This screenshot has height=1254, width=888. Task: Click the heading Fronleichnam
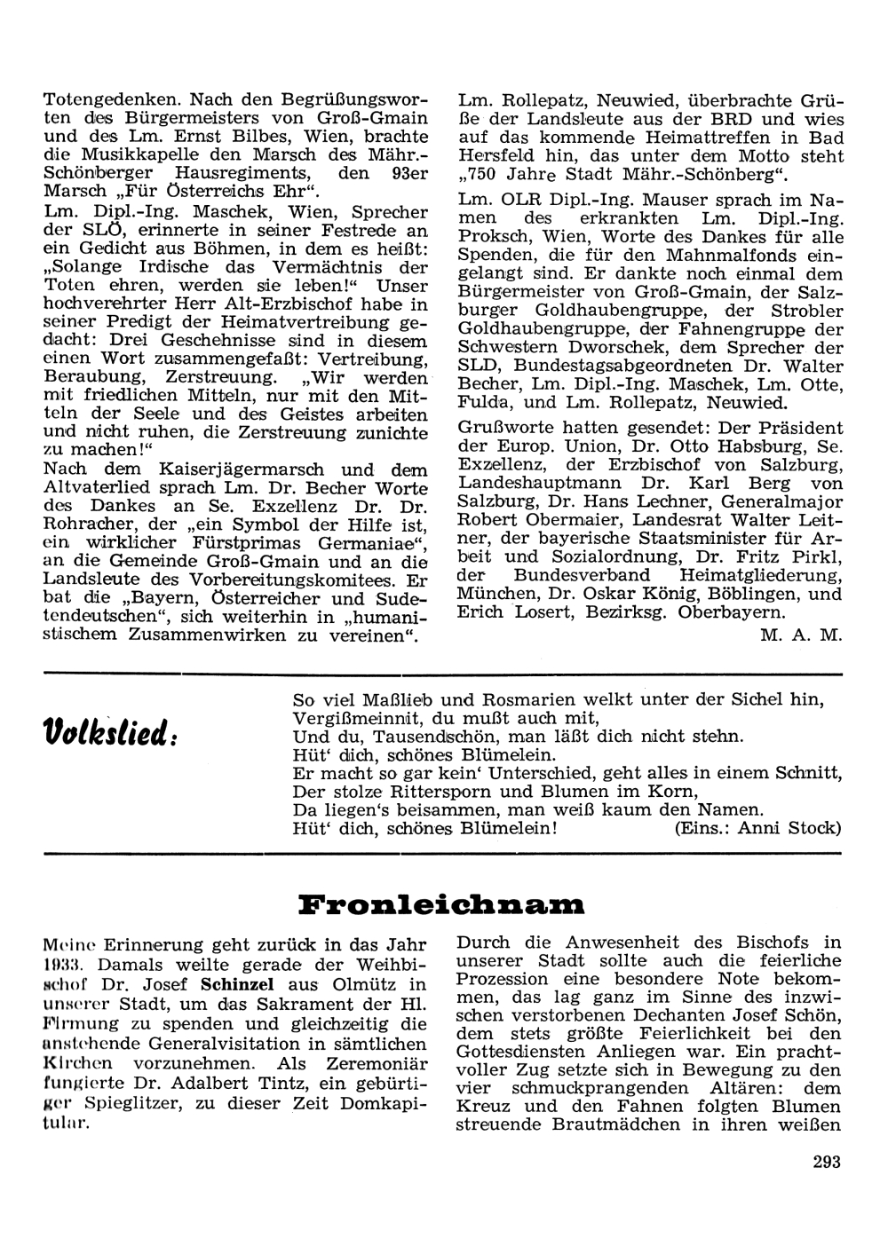point(442,904)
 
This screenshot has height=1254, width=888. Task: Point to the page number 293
point(826,1161)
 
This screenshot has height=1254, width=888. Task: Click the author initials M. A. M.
point(800,635)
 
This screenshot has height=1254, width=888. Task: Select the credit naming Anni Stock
point(757,828)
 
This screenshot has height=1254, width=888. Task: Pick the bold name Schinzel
point(237,984)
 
